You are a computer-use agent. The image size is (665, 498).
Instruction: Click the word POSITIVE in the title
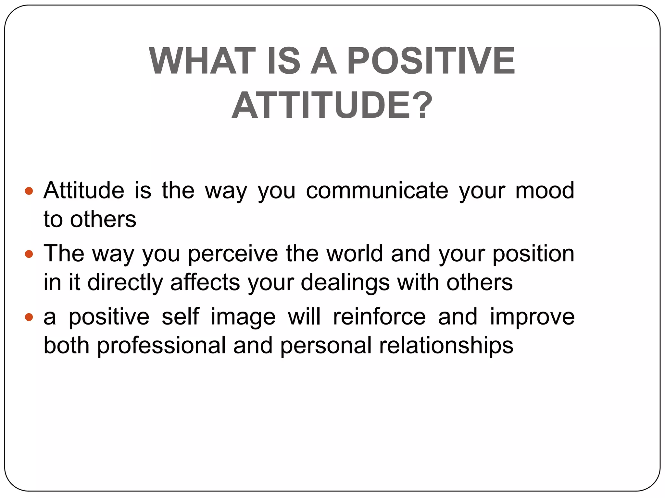[x=431, y=61]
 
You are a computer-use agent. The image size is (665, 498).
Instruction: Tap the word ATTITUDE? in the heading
[x=332, y=105]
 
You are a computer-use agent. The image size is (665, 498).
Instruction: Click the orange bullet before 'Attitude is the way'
[x=29, y=191]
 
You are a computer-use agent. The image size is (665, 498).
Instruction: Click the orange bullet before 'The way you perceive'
[x=29, y=254]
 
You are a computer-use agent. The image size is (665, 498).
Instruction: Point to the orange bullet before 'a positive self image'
[x=29, y=317]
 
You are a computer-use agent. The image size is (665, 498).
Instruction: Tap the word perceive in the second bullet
[x=233, y=254]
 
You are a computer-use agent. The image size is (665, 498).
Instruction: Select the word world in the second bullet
[x=355, y=254]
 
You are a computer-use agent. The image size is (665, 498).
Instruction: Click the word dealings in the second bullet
[x=345, y=282]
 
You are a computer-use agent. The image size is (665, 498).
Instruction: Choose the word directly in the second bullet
[x=125, y=282]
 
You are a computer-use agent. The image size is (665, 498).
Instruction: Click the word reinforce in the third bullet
[x=379, y=317]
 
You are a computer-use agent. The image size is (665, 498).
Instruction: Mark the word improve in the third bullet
[x=532, y=317]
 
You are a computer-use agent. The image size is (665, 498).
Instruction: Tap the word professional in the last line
[x=161, y=346]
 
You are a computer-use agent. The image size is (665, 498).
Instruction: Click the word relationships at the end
[x=446, y=346]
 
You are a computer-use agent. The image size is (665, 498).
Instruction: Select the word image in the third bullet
[x=243, y=317]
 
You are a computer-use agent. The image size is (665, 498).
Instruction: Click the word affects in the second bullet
[x=205, y=282]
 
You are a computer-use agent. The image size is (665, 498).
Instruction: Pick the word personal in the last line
[x=326, y=346]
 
